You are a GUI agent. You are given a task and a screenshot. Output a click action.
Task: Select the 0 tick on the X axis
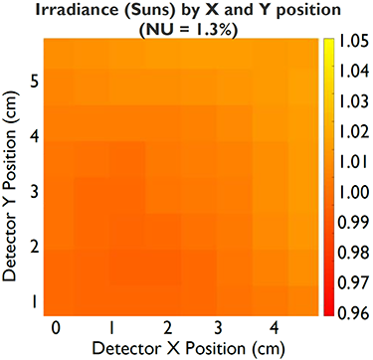pyautogui.click(x=57, y=329)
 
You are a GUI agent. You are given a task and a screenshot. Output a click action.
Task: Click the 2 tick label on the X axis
pyautogui.click(x=168, y=329)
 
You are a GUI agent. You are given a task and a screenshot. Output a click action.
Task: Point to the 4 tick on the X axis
pyautogui.click(x=274, y=329)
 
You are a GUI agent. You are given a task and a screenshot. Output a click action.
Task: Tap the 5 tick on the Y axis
pyautogui.click(x=35, y=82)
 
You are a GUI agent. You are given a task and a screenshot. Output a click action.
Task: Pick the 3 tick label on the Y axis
pyautogui.click(x=35, y=193)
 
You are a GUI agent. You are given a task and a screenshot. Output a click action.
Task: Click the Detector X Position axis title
pyautogui.click(x=189, y=348)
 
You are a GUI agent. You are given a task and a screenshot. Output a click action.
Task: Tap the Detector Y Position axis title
pyautogui.click(x=11, y=187)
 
